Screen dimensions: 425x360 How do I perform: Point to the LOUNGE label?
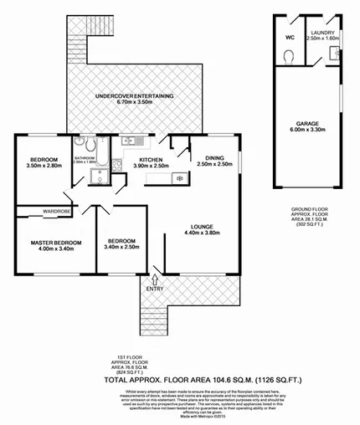coord(201,226)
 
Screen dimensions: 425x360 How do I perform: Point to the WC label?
coord(289,38)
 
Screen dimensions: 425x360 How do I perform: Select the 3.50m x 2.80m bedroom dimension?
coord(44,166)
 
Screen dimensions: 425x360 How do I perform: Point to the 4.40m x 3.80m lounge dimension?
coord(201,233)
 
